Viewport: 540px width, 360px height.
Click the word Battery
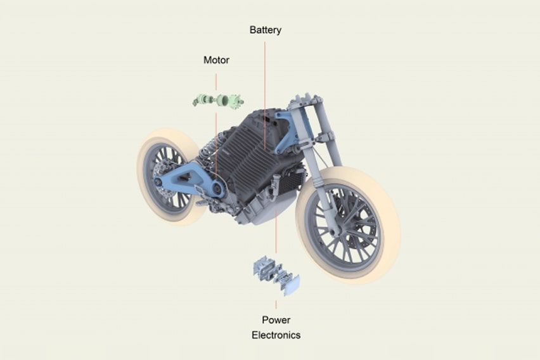pos(265,30)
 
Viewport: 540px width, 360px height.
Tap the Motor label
pos(216,60)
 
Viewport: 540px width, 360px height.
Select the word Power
pos(276,320)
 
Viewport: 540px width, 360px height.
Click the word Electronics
pos(276,335)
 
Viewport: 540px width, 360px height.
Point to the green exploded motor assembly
pos(219,100)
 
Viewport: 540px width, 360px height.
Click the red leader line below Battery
pos(265,76)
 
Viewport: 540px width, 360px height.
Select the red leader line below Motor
pos(216,80)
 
